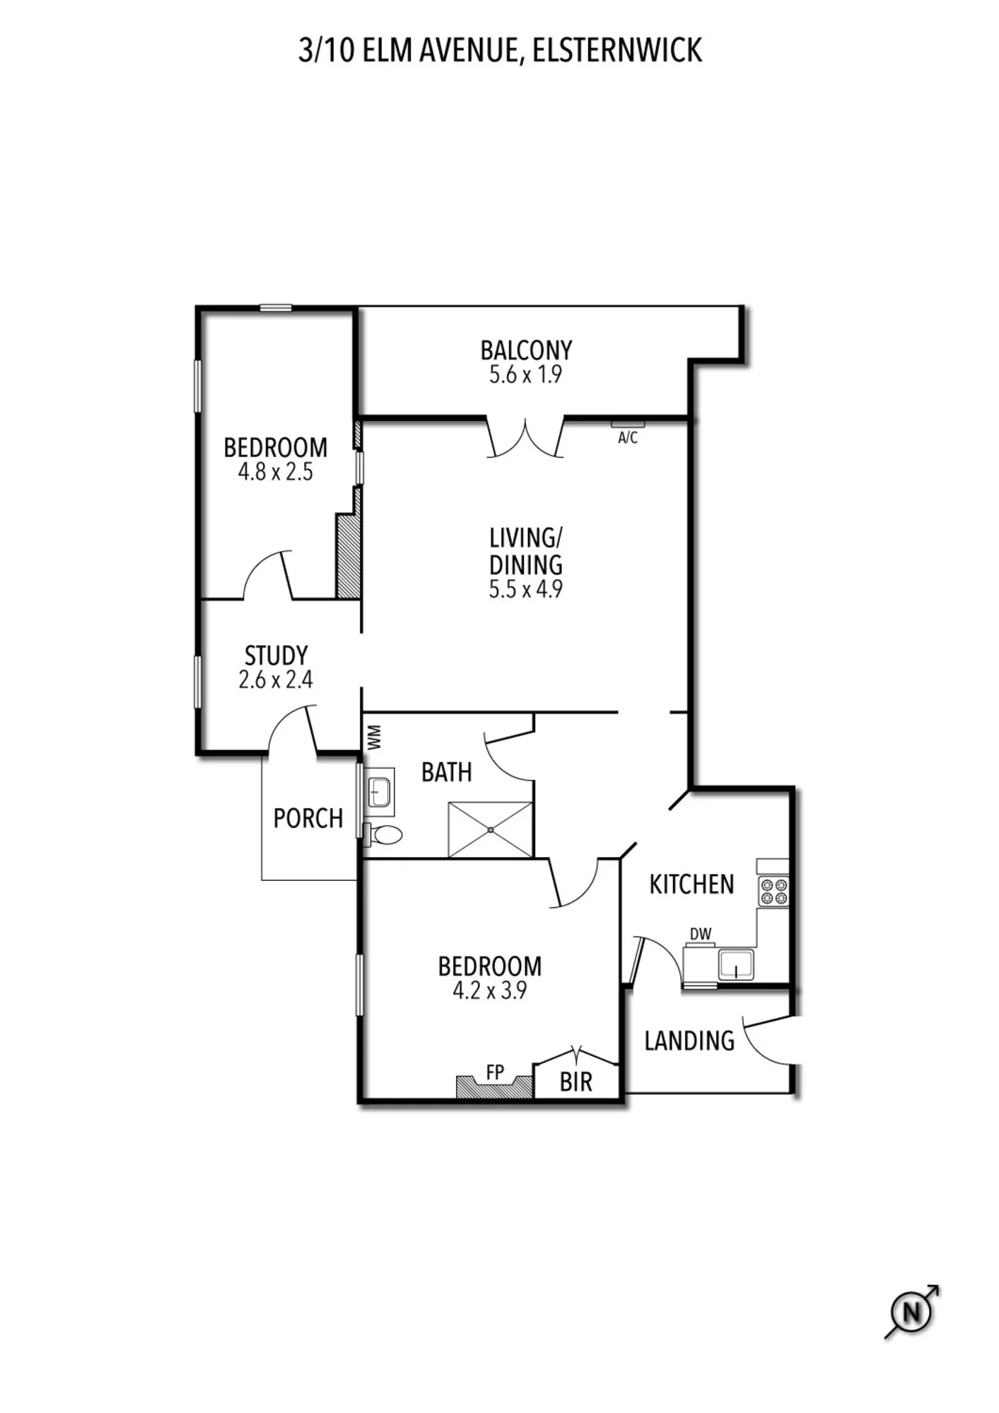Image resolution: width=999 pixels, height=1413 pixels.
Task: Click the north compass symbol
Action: click(x=912, y=1313)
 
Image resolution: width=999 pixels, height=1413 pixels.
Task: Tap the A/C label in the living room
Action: click(x=628, y=438)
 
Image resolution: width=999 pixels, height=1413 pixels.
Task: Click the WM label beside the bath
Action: click(x=375, y=737)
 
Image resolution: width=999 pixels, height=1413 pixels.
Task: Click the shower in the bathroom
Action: click(x=491, y=829)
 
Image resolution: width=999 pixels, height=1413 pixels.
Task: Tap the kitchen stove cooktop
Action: click(x=773, y=891)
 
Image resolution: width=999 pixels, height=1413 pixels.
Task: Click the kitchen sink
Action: click(x=736, y=964)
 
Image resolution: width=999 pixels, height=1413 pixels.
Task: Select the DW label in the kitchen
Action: click(x=701, y=934)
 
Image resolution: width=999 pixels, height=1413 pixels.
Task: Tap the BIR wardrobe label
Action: click(x=576, y=1082)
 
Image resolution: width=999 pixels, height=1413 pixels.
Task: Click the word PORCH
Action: click(x=308, y=818)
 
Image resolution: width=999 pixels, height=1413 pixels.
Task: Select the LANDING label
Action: click(x=689, y=1041)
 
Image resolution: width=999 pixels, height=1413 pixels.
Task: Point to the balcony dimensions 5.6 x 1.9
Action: click(x=525, y=374)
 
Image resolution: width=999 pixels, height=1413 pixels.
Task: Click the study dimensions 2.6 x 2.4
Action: click(x=276, y=680)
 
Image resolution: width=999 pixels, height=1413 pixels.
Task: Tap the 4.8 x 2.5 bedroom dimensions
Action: click(x=276, y=472)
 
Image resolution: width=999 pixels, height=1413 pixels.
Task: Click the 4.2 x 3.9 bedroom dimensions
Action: click(x=489, y=991)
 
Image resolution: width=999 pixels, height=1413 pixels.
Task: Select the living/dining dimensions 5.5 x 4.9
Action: click(x=525, y=589)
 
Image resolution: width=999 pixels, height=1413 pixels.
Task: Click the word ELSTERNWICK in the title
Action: click(x=617, y=51)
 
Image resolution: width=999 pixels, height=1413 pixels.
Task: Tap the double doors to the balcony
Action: click(x=525, y=438)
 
